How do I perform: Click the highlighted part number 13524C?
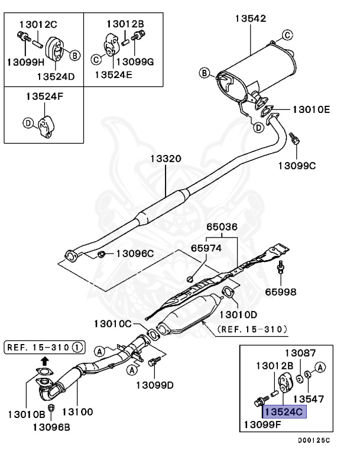(x=285, y=411)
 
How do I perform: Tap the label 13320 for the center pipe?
(x=165, y=158)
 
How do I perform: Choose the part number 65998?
(x=281, y=291)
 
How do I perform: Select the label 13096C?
(x=134, y=254)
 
